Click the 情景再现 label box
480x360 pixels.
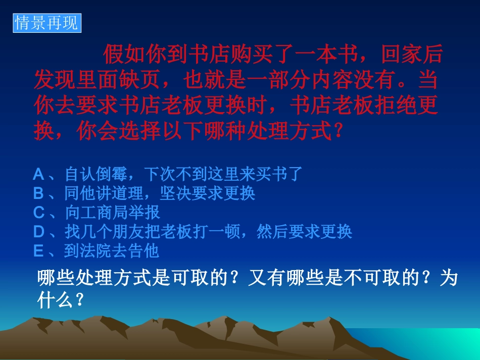pyautogui.click(x=46, y=23)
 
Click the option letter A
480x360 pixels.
pyautogui.click(x=39, y=175)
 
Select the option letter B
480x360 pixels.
pyautogui.click(x=39, y=193)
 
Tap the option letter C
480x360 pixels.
pyautogui.click(x=39, y=213)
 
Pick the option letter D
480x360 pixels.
pyautogui.click(x=39, y=232)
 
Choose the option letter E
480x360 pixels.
pyautogui.click(x=38, y=251)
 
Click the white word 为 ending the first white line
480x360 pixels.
pyautogui.click(x=449, y=278)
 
